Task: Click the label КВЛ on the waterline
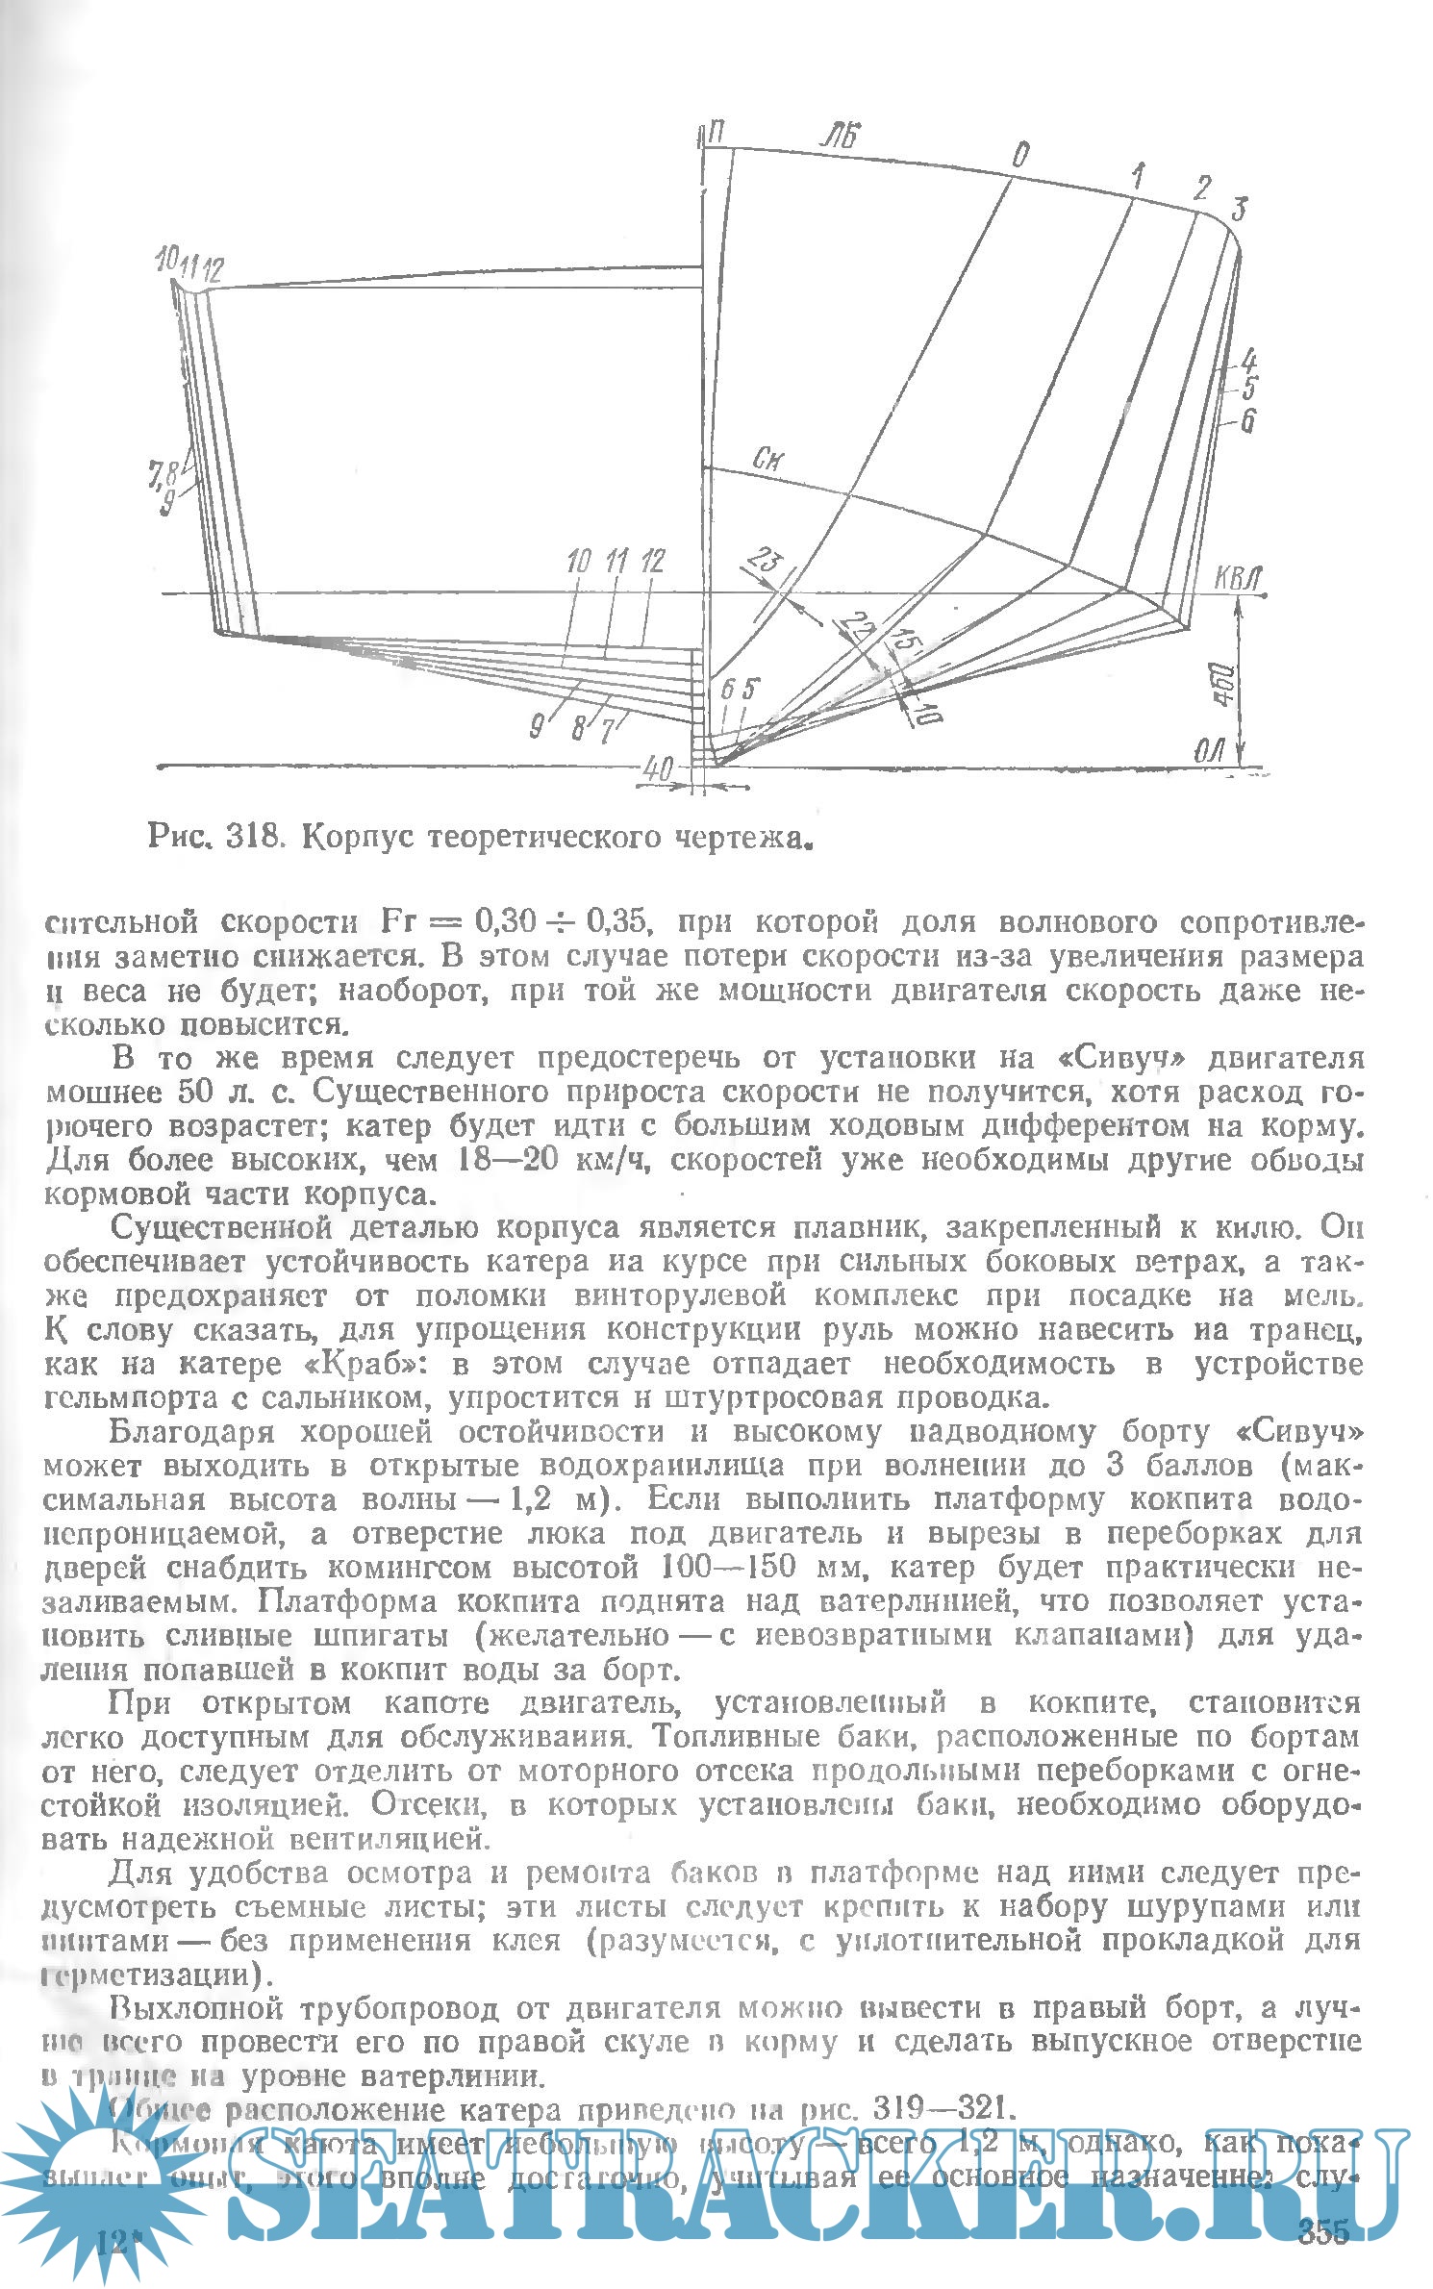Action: [x=1237, y=578]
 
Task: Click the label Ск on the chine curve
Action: [x=767, y=459]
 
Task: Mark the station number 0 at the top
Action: [x=1021, y=155]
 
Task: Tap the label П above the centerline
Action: [x=716, y=134]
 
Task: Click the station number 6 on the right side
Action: [x=1247, y=420]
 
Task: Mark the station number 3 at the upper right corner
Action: [x=1240, y=209]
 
